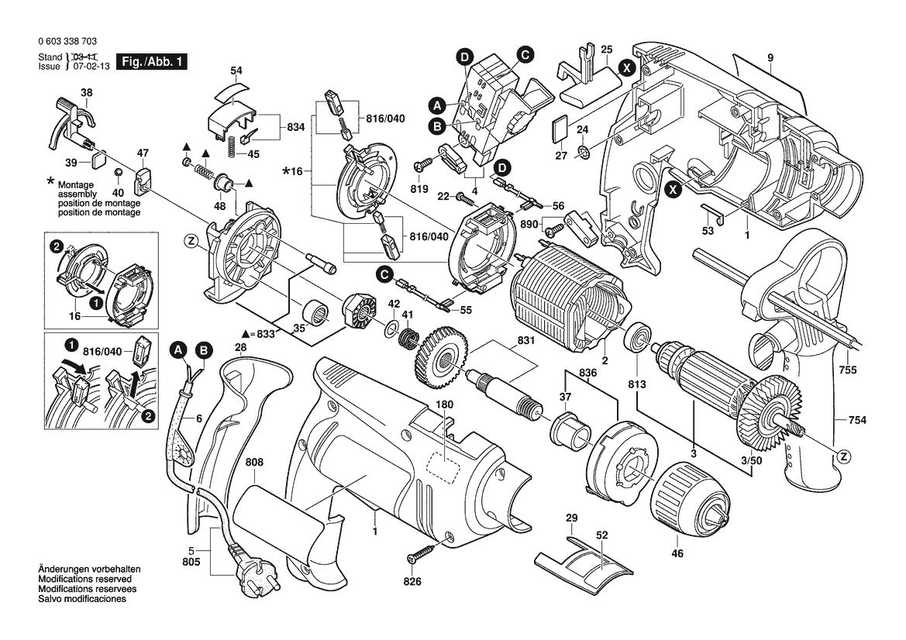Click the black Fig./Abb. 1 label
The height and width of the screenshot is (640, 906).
click(x=150, y=61)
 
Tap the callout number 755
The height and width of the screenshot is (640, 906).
click(x=847, y=371)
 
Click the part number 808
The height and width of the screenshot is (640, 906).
click(x=254, y=463)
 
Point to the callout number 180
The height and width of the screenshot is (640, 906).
click(x=444, y=404)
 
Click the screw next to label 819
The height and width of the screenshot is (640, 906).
click(x=424, y=165)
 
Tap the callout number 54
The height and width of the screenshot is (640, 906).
click(x=236, y=71)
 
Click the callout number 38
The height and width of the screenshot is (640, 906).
click(x=87, y=92)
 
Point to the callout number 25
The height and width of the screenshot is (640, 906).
click(x=607, y=50)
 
